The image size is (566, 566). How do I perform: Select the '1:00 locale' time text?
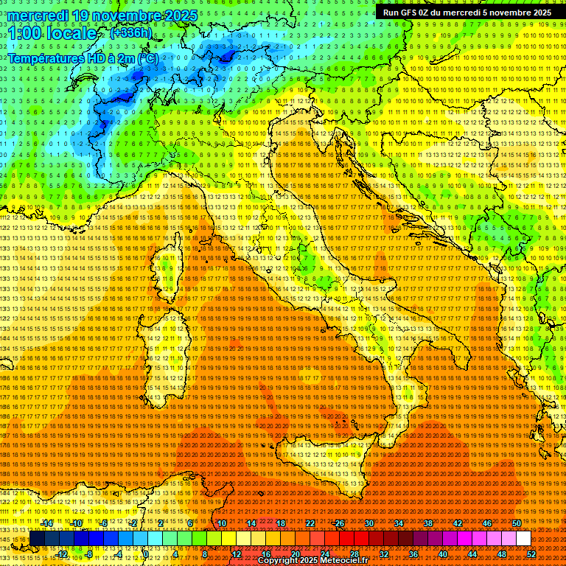(x=53, y=34)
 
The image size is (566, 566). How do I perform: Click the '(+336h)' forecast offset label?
(x=131, y=33)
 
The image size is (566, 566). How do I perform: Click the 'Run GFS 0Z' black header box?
(x=468, y=13)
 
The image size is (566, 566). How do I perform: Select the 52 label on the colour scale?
(x=531, y=553)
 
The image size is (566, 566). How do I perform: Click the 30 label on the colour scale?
(x=368, y=523)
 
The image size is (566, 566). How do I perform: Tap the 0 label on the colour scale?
(x=146, y=553)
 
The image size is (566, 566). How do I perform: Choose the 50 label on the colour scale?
(x=516, y=523)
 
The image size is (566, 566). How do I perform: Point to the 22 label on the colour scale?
(x=310, y=523)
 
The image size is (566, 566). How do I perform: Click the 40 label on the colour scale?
(x=443, y=553)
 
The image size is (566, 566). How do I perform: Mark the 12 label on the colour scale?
(x=236, y=553)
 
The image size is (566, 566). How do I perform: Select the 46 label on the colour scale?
(x=486, y=523)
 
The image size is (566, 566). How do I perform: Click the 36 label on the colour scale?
(x=413, y=553)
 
